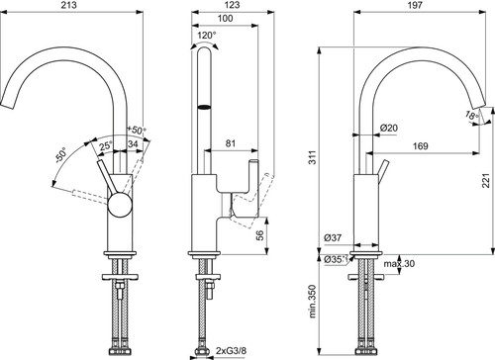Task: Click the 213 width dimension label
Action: pyautogui.click(x=69, y=5)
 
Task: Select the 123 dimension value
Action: pyautogui.click(x=233, y=5)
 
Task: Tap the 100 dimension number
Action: pyautogui.click(x=225, y=18)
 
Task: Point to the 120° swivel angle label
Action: pyautogui.click(x=207, y=35)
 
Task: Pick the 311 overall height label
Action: pyautogui.click(x=313, y=157)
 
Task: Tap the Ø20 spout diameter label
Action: pyautogui.click(x=389, y=128)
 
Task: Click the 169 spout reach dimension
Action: pyautogui.click(x=421, y=145)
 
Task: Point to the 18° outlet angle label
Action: pyautogui.click(x=472, y=116)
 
